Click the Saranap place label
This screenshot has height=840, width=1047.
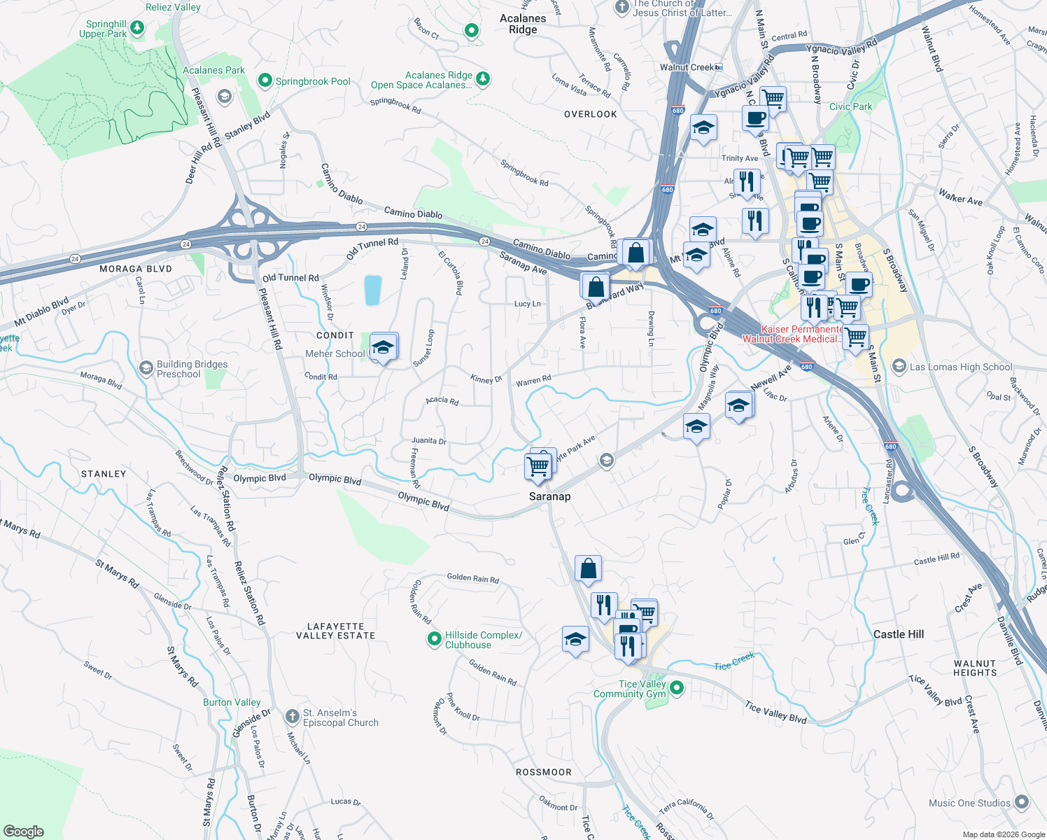[549, 496]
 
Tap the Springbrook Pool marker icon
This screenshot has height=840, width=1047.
[265, 81]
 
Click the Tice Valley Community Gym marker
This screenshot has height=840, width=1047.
[676, 688]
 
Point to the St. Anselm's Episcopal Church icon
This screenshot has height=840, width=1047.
[293, 717]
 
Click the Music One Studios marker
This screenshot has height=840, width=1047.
[1021, 802]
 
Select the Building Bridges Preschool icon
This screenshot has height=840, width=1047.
[146, 368]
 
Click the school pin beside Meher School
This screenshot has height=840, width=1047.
[383, 347]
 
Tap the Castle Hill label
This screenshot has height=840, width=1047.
[898, 634]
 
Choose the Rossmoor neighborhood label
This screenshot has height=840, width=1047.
[543, 772]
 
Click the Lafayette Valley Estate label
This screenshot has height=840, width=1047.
[335, 631]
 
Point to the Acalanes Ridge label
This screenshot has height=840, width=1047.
[523, 24]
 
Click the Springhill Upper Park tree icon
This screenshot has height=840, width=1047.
[138, 28]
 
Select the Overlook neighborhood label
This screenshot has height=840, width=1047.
[590, 114]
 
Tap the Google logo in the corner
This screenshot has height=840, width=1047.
[24, 832]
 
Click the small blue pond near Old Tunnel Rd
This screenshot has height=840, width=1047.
[372, 290]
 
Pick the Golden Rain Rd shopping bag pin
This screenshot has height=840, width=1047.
[588, 569]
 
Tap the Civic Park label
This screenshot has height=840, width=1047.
[850, 106]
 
